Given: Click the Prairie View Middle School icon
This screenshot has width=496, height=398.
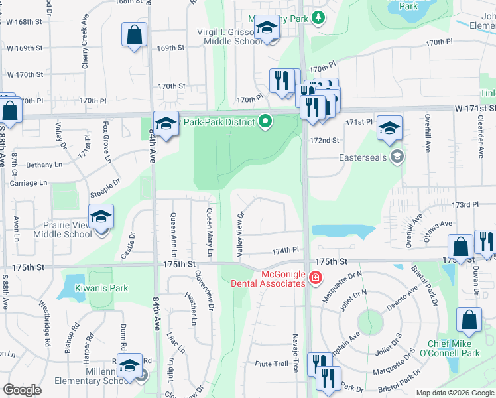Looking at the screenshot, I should (x=101, y=217).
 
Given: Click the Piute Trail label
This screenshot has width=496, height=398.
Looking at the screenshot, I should (x=272, y=364).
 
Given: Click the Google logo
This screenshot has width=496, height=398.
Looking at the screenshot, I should (x=22, y=390).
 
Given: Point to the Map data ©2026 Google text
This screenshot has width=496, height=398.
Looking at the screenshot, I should (x=455, y=393).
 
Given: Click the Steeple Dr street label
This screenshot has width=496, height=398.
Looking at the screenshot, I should (x=105, y=190).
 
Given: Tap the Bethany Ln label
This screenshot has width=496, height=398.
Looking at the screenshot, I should (x=44, y=165).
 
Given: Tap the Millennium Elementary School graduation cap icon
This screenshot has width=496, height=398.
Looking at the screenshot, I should (x=130, y=365).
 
